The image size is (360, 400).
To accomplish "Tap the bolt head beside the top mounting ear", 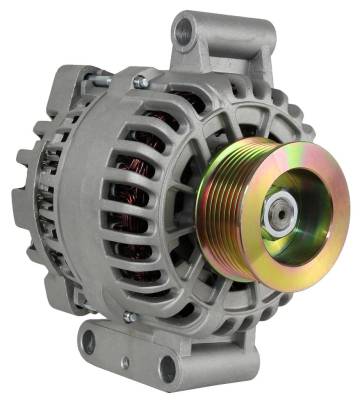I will [x=139, y=81].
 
